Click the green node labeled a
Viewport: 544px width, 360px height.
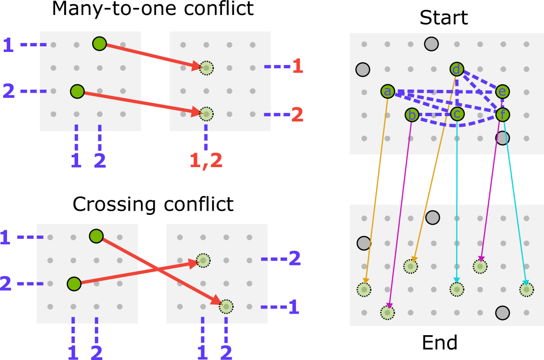[x=388, y=91]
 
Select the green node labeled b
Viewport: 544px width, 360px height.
[x=412, y=115]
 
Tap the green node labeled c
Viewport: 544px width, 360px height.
[x=457, y=114]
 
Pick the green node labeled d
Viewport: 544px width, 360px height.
[x=457, y=69]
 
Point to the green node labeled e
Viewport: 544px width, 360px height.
[x=502, y=92]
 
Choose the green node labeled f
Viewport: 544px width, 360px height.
[x=502, y=115]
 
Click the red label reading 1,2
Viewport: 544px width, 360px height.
[x=206, y=161]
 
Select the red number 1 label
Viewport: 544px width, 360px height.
[x=297, y=66]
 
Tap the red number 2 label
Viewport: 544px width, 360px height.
[x=297, y=115]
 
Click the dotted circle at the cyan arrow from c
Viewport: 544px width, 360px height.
[x=457, y=289]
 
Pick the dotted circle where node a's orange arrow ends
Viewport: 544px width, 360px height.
[x=364, y=290]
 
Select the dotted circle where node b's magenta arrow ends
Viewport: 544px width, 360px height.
[x=387, y=312]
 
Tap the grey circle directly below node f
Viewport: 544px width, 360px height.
[x=502, y=138]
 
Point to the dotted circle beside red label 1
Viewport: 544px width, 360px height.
[x=206, y=68]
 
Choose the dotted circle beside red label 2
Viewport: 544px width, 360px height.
[x=206, y=114]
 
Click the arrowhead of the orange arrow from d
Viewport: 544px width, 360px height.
[x=414, y=259]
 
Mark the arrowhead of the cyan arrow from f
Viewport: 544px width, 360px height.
[x=526, y=283]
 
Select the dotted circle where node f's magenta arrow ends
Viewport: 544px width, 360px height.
[x=480, y=266]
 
